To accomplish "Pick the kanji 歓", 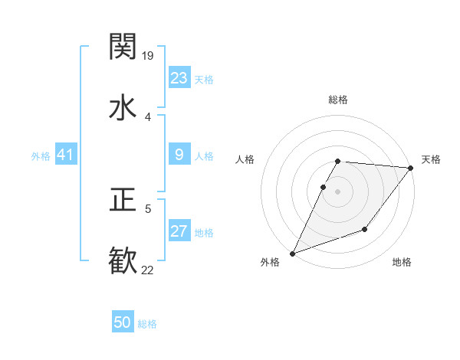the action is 123,260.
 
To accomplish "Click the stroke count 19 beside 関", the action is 149,55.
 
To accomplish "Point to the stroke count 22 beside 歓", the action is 148,270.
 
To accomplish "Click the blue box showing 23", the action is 179,78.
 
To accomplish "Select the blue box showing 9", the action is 179,155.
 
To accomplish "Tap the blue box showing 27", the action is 179,231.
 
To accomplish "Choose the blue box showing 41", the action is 65,155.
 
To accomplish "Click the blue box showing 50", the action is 123,322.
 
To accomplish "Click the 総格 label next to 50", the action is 147,324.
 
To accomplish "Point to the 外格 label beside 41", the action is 41,156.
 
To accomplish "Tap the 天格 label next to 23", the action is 204,80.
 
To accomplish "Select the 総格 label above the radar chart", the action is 338,100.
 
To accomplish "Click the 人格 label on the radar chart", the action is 245,159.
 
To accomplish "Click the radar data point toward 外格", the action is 292,254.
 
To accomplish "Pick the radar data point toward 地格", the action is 365,229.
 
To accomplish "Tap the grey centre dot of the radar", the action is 338,191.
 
